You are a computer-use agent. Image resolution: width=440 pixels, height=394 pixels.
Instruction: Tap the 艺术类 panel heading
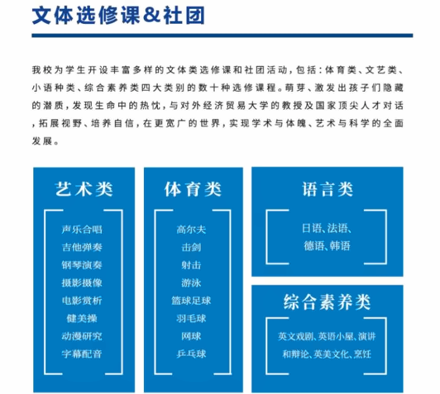[84, 189]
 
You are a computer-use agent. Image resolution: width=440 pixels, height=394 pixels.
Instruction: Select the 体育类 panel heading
[193, 189]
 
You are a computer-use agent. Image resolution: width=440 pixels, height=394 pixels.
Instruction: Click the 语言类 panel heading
[327, 189]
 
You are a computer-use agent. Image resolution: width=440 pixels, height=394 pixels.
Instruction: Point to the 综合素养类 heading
[327, 302]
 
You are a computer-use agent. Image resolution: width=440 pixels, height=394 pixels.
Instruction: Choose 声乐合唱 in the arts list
[82, 229]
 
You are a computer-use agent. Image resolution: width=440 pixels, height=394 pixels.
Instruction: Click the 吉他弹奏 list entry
[82, 247]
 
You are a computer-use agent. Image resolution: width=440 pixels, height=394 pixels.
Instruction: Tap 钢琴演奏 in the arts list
[82, 265]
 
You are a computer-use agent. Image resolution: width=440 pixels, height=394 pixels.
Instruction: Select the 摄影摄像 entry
[82, 283]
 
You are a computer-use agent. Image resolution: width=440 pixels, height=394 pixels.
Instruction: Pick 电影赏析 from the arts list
[82, 300]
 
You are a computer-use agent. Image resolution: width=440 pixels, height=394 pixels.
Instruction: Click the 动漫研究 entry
[82, 336]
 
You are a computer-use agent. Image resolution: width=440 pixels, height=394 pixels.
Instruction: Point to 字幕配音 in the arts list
[82, 354]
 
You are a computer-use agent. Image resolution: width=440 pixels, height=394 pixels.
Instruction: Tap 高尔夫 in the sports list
[191, 229]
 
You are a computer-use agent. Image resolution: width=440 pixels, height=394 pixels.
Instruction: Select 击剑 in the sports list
[191, 247]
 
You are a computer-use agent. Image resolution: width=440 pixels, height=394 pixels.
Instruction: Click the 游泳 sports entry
[191, 283]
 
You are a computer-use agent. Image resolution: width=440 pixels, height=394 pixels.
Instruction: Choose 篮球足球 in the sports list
[191, 300]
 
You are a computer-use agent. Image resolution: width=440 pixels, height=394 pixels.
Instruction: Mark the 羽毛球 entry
[191, 318]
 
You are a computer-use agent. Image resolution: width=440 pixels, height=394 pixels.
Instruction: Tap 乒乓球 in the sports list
[191, 354]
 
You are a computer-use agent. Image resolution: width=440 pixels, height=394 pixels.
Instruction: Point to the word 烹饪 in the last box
[362, 354]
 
